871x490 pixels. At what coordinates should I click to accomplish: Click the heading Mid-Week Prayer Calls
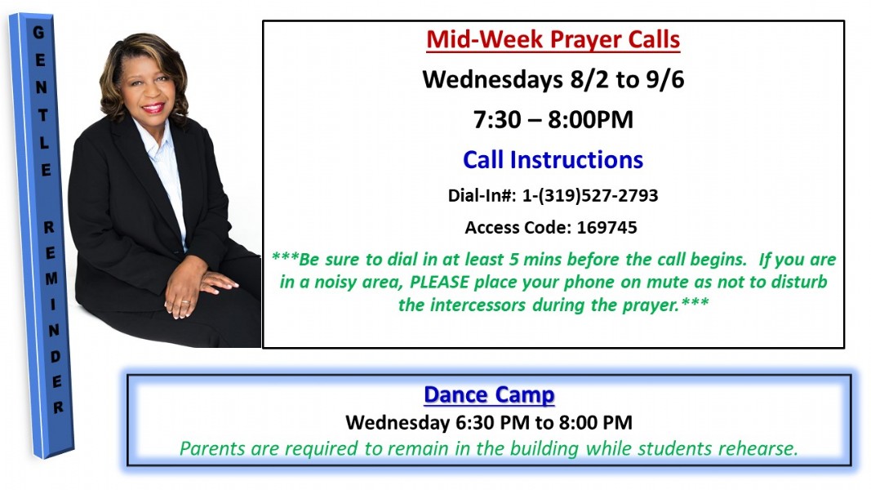553,39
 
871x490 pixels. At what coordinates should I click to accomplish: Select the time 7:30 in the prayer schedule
497,119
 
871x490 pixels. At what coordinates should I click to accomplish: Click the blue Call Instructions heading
553,160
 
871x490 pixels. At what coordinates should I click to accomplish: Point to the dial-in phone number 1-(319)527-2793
590,195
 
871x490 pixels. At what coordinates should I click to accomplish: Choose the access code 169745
607,227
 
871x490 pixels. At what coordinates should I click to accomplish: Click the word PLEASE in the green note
439,283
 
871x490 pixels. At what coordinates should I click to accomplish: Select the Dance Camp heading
489,395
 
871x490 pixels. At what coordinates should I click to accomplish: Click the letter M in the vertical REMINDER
51,278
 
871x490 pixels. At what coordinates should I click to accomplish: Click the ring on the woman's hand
185,301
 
